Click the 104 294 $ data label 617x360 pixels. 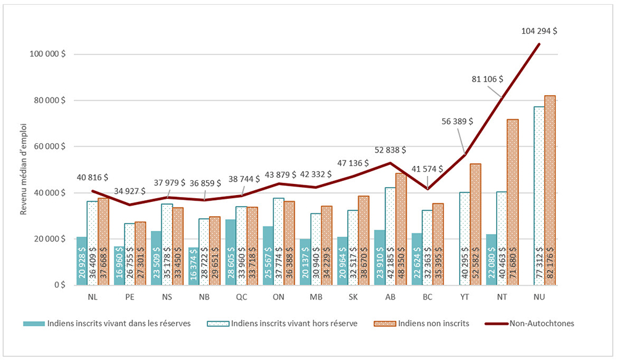tap(539, 33)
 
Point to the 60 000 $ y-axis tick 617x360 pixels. tap(49, 146)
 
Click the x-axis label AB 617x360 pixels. tap(390, 297)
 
